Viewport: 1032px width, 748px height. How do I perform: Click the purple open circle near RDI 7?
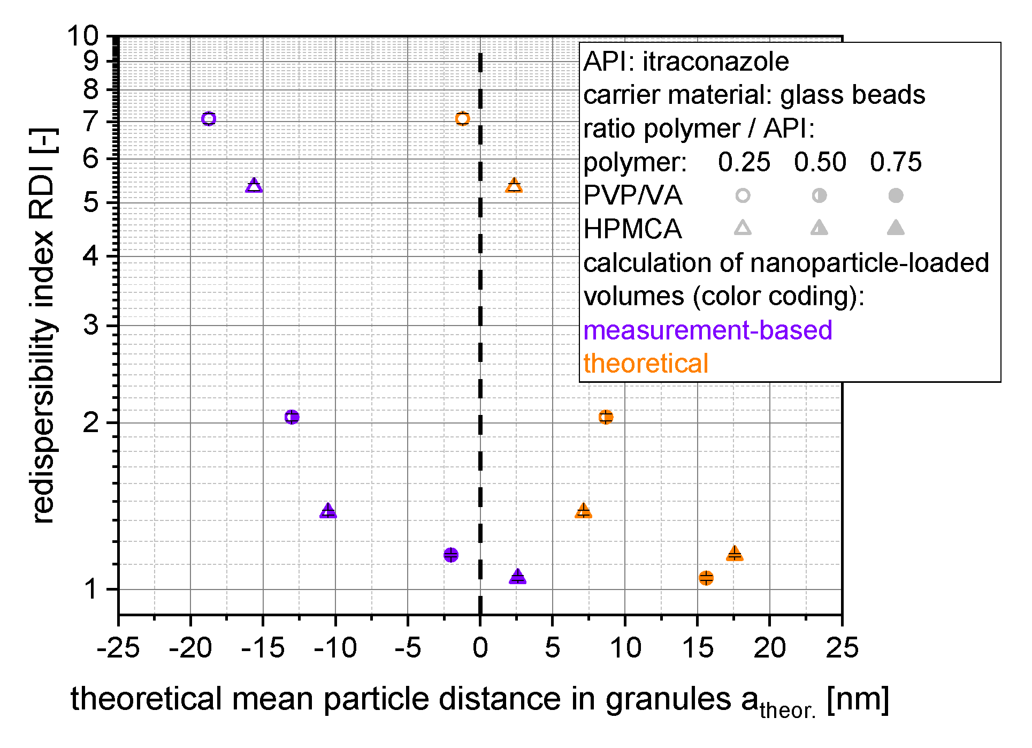click(209, 119)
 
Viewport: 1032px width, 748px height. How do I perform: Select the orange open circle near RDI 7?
click(463, 119)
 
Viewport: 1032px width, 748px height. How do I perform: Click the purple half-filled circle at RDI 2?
click(292, 417)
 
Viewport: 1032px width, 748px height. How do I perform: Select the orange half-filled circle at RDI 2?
click(606, 417)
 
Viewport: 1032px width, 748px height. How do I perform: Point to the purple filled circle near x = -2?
click(451, 555)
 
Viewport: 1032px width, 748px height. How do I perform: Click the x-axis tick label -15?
click(263, 648)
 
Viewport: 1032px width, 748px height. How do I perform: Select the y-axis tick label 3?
click(91, 325)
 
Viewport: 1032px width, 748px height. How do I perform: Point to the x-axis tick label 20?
click(769, 648)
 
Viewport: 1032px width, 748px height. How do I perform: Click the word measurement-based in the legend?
click(707, 330)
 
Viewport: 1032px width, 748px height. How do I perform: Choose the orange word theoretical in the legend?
click(646, 364)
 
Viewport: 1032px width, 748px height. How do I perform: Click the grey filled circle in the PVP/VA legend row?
click(896, 196)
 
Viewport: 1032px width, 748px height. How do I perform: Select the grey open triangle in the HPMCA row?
click(743, 229)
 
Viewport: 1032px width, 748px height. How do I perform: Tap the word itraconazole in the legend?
click(715, 62)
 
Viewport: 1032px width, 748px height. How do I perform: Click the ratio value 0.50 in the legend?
click(820, 162)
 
